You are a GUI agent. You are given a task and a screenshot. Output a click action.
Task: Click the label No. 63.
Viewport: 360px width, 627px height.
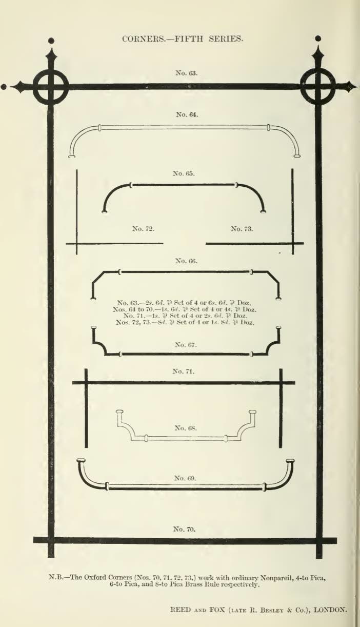tap(187, 73)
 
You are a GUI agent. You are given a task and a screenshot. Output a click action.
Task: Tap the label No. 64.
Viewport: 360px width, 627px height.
tap(187, 114)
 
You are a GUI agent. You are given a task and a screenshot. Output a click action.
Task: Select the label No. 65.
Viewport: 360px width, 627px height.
tap(184, 173)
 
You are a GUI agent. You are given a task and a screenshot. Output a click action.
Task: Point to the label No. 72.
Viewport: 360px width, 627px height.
tap(143, 229)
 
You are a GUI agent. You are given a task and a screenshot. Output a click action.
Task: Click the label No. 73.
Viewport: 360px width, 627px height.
tap(242, 229)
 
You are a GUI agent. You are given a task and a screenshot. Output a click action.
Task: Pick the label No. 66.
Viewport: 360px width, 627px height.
tap(186, 261)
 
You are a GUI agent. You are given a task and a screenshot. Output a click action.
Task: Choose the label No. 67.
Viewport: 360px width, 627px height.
tap(186, 345)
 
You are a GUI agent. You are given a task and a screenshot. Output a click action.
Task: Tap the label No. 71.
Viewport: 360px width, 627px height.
tap(184, 371)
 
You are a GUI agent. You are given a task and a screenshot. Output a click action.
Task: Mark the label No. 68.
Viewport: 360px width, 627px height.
tap(186, 428)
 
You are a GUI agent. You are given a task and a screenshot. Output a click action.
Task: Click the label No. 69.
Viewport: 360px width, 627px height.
tap(185, 478)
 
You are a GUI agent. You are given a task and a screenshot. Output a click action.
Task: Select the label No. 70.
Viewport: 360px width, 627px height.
tap(184, 529)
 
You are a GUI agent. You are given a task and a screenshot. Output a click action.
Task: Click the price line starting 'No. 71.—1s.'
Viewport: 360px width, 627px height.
tap(185, 316)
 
